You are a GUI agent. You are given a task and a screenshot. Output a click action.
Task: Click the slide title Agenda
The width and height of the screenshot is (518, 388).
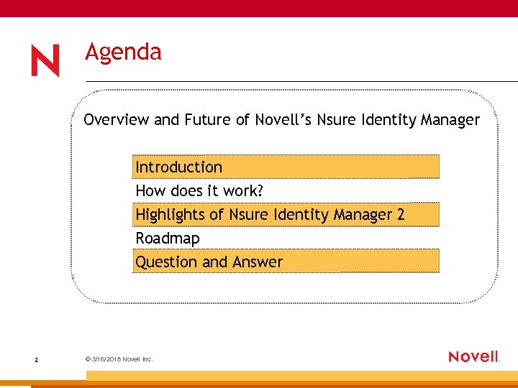[123, 52]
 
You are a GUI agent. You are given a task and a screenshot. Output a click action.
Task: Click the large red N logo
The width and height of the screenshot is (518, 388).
[45, 61]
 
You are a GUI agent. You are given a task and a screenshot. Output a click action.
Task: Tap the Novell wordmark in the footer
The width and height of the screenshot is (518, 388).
[473, 356]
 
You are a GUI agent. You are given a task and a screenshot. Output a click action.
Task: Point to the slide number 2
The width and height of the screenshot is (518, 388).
[36, 359]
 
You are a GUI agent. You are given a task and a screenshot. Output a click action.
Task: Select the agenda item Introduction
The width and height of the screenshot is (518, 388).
[179, 167]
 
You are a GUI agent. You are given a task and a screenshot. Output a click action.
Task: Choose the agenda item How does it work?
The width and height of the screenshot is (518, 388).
[199, 190]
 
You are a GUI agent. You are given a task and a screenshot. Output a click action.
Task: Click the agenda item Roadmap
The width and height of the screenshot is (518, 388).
[168, 238]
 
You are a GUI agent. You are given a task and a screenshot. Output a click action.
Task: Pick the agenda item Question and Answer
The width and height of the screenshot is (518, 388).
[209, 262]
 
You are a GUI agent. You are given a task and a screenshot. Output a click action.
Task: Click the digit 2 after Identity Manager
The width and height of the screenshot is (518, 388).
[401, 214]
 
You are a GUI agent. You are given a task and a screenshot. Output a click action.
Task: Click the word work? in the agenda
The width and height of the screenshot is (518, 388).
[244, 190]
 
